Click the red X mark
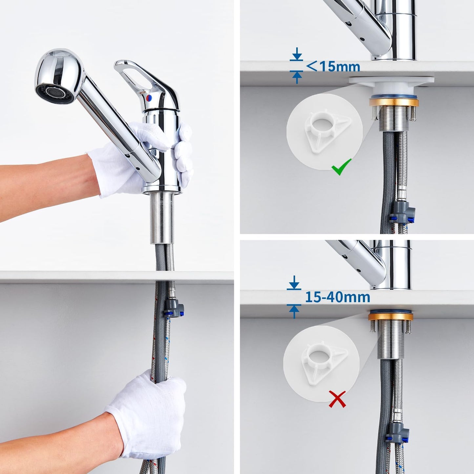pyautogui.click(x=337, y=399)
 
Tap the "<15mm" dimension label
pyautogui.click(x=333, y=66)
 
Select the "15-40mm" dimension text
pyautogui.click(x=337, y=297)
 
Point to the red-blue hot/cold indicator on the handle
pyautogui.click(x=149, y=97)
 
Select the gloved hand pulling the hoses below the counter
pyautogui.click(x=148, y=410)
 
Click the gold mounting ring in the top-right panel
pyautogui.click(x=394, y=102)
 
